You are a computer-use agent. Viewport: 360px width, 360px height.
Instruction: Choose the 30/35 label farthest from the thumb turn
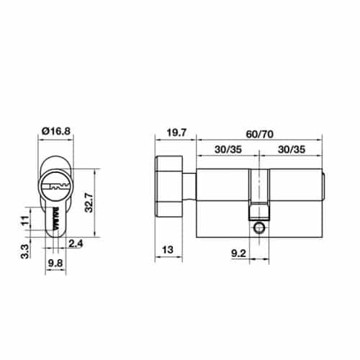coord(293,149)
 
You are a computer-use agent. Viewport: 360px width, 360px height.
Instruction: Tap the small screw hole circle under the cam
coord(258,228)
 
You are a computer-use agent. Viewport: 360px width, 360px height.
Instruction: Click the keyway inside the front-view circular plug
coord(55,186)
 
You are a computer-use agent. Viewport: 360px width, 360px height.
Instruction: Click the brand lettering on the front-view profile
coord(55,215)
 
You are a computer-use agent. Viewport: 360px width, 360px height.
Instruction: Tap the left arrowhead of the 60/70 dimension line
coord(199,140)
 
